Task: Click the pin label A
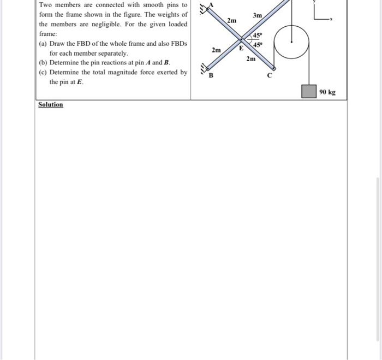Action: pos(212,4)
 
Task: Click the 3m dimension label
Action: pos(258,15)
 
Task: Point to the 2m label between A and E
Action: pos(232,20)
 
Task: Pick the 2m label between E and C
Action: pos(250,58)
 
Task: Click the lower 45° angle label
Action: pos(256,44)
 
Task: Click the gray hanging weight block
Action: pos(309,92)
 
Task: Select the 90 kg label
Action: pos(328,92)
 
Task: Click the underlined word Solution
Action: pos(51,104)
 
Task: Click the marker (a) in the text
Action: pos(43,44)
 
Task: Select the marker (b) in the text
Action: pos(43,63)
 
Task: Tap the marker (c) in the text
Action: pos(43,72)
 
